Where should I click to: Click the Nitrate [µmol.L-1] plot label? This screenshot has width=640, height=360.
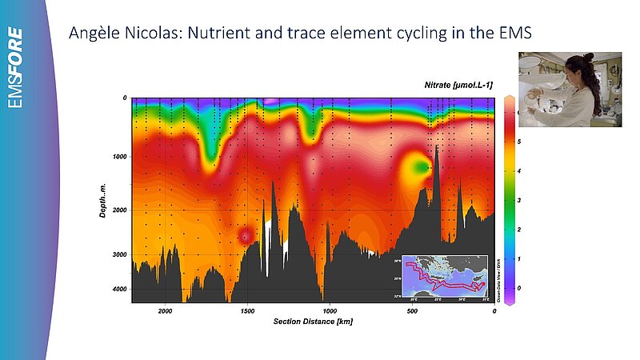[x=458, y=84]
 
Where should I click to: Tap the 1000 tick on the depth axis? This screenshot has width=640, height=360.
[x=118, y=157]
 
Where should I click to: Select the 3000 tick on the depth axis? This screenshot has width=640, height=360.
[x=118, y=255]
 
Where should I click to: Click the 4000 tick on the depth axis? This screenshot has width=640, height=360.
[x=118, y=289]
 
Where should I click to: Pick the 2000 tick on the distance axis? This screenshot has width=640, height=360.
[x=165, y=310]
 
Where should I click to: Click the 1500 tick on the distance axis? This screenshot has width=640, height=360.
[x=247, y=310]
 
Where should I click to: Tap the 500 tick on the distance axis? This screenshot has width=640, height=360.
[x=411, y=310]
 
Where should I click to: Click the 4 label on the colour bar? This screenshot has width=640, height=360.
[x=519, y=171]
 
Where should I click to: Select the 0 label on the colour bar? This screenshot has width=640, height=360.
[x=519, y=288]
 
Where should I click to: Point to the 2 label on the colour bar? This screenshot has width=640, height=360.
[x=519, y=230]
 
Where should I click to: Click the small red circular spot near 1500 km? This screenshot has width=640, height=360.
[x=245, y=234]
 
